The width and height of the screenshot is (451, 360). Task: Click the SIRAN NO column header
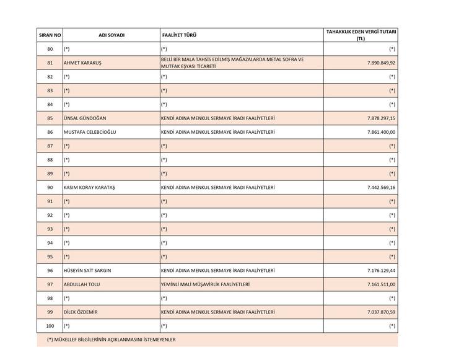50,35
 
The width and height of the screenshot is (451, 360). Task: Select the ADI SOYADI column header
112,35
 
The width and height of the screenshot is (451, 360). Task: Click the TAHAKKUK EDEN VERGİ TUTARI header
361,35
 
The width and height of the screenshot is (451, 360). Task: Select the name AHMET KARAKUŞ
82,63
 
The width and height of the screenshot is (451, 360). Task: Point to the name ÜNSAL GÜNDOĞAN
85,118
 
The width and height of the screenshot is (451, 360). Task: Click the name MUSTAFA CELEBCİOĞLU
90,132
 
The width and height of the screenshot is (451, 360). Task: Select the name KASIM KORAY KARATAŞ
89,187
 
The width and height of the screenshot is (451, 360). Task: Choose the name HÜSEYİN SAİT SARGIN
87,271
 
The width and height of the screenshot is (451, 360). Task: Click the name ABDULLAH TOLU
82,284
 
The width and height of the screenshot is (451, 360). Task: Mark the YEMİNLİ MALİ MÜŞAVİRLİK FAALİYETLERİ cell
205,284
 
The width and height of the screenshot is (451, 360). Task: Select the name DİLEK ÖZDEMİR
81,312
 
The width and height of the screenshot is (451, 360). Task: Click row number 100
50,326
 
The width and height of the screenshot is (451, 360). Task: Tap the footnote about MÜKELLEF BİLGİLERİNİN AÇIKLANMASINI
112,340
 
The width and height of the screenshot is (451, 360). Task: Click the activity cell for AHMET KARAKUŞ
232,63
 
